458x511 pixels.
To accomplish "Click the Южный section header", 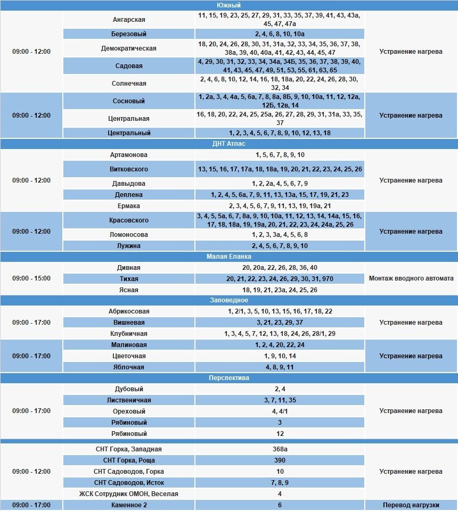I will pyautogui.click(x=229, y=5).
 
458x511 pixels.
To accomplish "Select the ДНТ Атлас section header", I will pyautogui.click(x=229, y=144).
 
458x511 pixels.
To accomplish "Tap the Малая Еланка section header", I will pyautogui.click(x=229, y=257).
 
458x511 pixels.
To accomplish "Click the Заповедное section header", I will pyautogui.click(x=229, y=300).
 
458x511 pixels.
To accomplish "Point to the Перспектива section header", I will pyautogui.click(x=229, y=378).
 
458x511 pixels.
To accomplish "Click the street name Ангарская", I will pyautogui.click(x=129, y=20).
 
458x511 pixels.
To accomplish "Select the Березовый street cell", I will pyautogui.click(x=129, y=34).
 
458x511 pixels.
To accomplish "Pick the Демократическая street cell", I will pyautogui.click(x=129, y=48).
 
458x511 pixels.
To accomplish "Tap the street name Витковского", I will pyautogui.click(x=129, y=169).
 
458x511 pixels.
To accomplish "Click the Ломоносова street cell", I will pyautogui.click(x=129, y=235).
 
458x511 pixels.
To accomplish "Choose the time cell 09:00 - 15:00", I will pyautogui.click(x=31, y=278).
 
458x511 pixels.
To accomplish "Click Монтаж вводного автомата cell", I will pyautogui.click(x=411, y=278).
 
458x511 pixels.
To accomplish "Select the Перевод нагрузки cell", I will pyautogui.click(x=411, y=505).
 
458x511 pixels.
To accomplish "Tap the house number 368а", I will pyautogui.click(x=280, y=449).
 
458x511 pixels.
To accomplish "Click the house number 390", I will pyautogui.click(x=280, y=460).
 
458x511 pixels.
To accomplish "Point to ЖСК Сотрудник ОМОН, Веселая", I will pyautogui.click(x=129, y=494).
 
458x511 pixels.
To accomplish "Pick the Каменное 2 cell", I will pyautogui.click(x=129, y=505).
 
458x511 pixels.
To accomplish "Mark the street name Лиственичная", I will pyautogui.click(x=129, y=400).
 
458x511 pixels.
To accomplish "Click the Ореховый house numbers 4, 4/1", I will pyautogui.click(x=280, y=411).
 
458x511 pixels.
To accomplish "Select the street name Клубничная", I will pyautogui.click(x=129, y=334).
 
